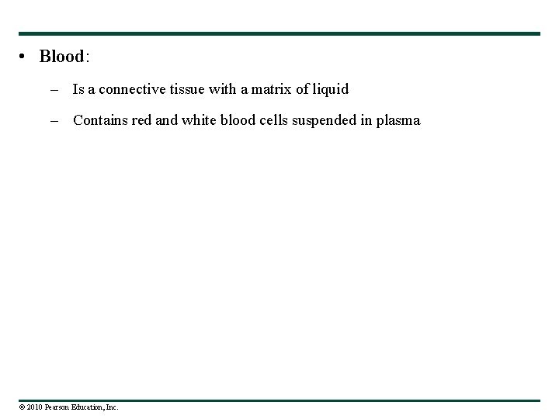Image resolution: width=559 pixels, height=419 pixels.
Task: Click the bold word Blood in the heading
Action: [61, 57]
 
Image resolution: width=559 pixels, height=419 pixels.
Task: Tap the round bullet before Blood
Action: [25, 57]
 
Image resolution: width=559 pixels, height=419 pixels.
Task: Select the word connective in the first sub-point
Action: [133, 89]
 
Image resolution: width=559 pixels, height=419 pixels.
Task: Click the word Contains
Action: [100, 120]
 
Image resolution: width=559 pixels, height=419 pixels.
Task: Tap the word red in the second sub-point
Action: [144, 120]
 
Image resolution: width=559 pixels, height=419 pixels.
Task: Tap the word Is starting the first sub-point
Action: [78, 89]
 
